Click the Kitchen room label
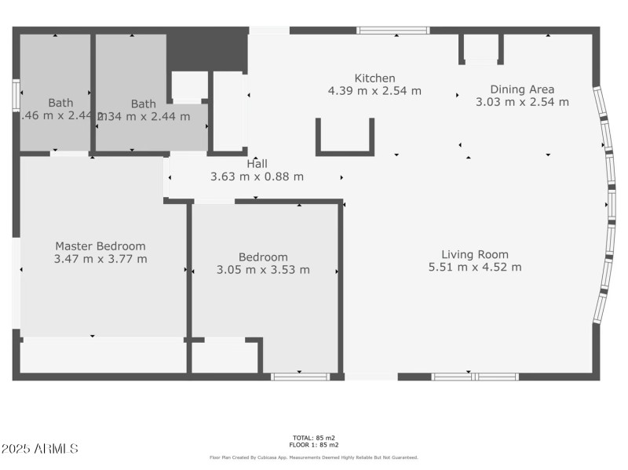coord(374,78)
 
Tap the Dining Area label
coord(522,89)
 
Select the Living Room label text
coord(474,254)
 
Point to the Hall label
coord(257,164)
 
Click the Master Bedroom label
coord(100,246)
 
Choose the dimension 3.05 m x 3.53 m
coord(263,270)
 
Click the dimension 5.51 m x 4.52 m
coord(474,268)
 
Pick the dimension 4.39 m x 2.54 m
coord(374,91)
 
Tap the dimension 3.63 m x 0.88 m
coord(257,177)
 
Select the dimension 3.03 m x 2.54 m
coord(522,102)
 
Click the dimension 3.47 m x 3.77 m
coord(100,259)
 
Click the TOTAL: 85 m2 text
coord(313,437)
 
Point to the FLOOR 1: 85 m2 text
coord(313,445)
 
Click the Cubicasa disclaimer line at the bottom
coord(313,457)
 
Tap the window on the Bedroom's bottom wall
coord(300,377)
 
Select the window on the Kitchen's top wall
coord(392,31)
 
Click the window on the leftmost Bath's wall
coord(15,93)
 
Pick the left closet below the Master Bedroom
coord(102,356)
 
